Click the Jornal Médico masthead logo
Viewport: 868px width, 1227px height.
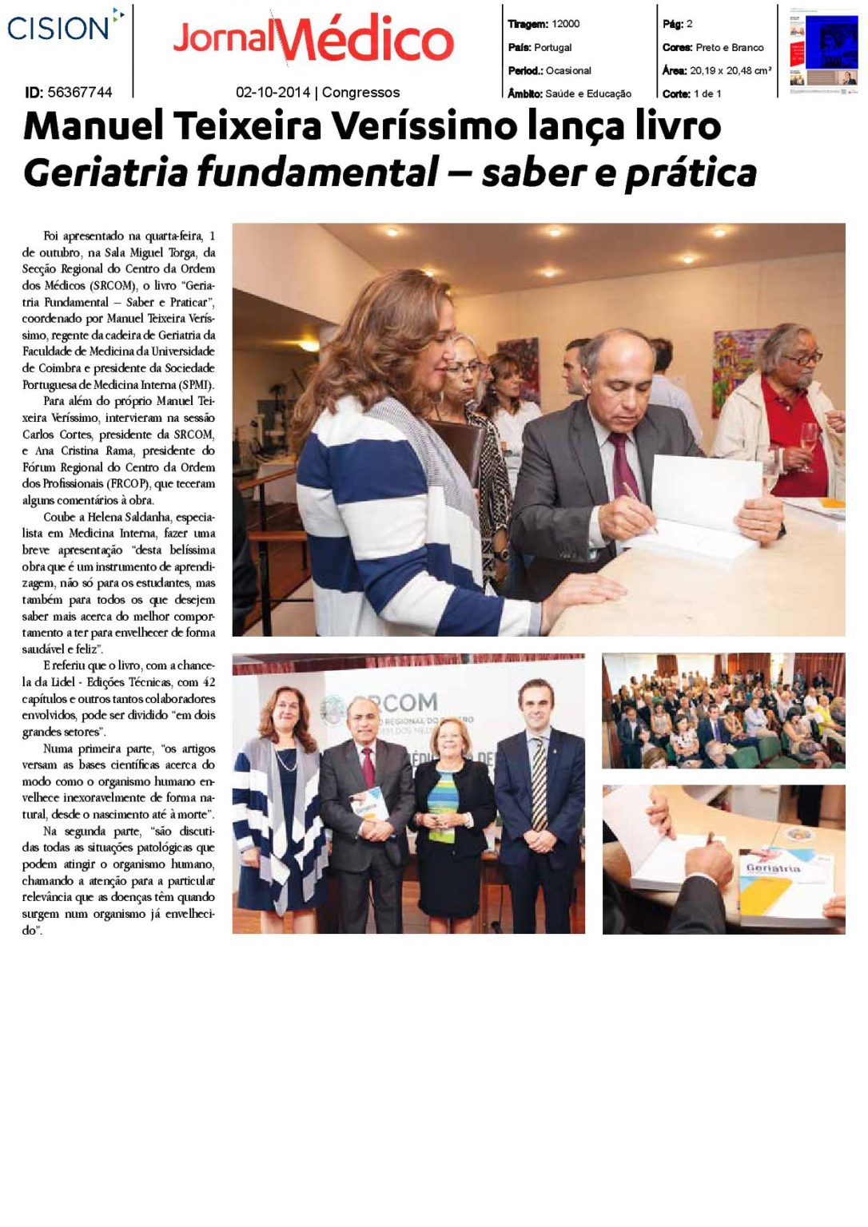[313, 39]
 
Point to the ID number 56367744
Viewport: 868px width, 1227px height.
[80, 93]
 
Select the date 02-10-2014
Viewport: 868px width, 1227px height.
[273, 93]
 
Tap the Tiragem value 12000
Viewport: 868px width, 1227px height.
[565, 24]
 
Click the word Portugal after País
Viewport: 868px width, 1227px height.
[552, 47]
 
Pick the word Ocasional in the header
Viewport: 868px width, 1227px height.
[568, 70]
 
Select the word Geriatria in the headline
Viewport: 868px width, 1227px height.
[105, 173]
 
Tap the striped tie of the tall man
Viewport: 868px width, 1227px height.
[540, 783]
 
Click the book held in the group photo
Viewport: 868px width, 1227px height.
[369, 803]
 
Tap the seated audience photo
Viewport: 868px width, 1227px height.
[723, 711]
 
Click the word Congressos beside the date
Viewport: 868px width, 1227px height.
[360, 93]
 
